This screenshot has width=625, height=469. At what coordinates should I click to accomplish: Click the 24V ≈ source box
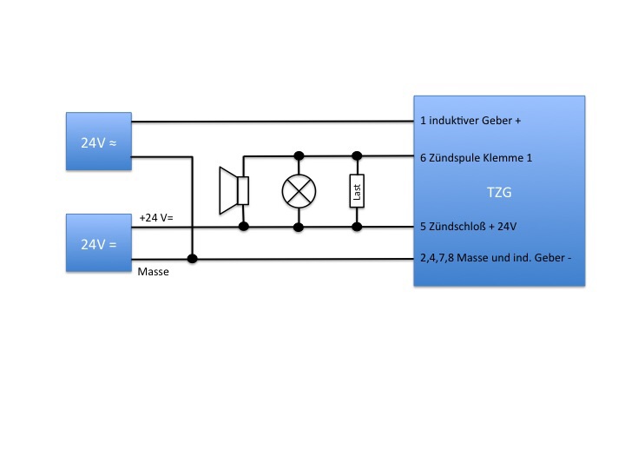(99, 141)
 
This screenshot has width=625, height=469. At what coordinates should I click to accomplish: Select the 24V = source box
(99, 244)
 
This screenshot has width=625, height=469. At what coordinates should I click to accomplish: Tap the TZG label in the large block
(498, 192)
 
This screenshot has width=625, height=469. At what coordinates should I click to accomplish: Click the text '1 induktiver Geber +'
(470, 122)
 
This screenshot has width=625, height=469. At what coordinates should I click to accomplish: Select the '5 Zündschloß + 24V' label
(469, 227)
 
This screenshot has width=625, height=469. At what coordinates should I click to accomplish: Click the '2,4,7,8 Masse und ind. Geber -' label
(495, 259)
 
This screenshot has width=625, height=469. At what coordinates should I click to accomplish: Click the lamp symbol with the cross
(299, 191)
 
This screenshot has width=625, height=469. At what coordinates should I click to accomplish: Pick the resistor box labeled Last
(356, 191)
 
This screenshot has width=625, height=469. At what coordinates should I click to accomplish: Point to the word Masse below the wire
(154, 272)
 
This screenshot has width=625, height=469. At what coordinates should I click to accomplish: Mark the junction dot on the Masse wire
(192, 259)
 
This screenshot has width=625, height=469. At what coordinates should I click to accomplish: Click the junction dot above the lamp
(299, 156)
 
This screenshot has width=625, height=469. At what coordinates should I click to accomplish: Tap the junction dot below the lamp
(299, 227)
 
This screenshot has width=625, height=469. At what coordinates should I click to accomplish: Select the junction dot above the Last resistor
(356, 156)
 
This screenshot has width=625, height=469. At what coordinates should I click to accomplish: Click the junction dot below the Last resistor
(356, 227)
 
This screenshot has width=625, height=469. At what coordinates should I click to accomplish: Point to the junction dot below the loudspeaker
(244, 227)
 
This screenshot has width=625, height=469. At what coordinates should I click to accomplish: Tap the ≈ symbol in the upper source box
(114, 141)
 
